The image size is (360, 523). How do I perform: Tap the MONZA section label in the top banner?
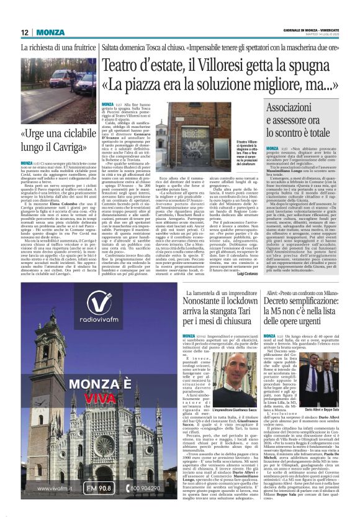[50, 32]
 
